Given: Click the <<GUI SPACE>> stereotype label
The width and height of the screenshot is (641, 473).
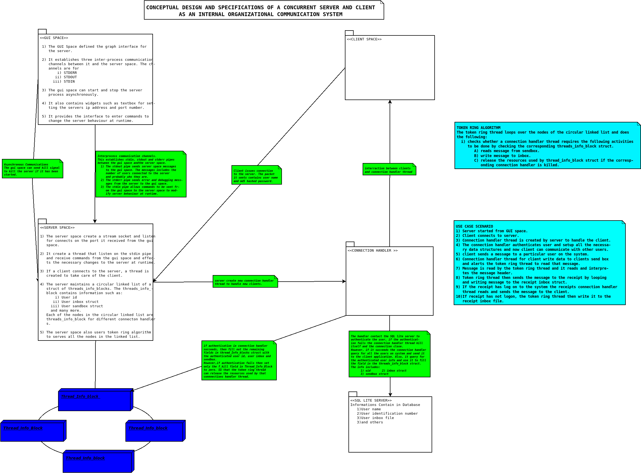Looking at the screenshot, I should (x=54, y=38).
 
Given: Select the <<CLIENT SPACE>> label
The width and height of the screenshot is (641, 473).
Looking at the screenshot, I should (x=364, y=39).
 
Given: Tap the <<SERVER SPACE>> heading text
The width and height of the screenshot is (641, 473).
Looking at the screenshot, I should (x=57, y=228).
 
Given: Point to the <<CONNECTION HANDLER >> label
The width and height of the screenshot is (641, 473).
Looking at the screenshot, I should (x=372, y=251).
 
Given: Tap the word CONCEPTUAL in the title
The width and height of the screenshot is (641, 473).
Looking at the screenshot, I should (x=162, y=7).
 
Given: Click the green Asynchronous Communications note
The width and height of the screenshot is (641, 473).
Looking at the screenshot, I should (x=32, y=169).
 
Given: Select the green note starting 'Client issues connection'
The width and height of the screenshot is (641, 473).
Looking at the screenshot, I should (x=256, y=175).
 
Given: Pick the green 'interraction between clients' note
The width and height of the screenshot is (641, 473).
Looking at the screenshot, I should (x=389, y=170).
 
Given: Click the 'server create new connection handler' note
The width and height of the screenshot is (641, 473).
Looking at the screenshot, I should (x=245, y=282).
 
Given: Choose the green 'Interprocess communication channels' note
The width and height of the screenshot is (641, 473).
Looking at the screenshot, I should (x=141, y=174).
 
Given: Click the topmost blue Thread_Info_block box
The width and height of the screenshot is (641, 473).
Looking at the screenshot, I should (x=95, y=400).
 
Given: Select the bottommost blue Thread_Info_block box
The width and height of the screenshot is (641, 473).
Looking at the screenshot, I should (x=98, y=462).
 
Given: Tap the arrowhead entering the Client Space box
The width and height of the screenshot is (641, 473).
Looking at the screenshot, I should (x=390, y=102).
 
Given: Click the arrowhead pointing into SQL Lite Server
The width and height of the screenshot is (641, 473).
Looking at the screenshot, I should (x=390, y=394).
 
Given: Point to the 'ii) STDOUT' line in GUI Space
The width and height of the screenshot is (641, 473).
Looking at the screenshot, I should (x=66, y=77).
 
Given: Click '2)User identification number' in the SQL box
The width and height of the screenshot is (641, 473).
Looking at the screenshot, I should (x=387, y=414).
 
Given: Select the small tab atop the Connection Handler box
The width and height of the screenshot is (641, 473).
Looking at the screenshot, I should (x=350, y=244).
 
